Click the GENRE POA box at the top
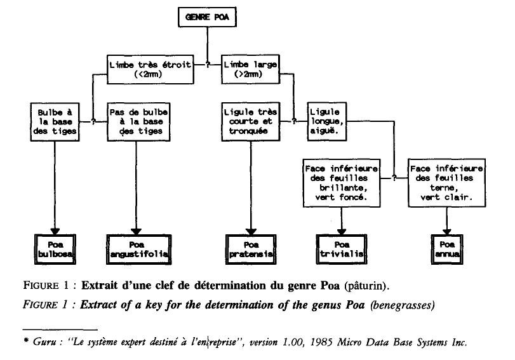[x=207, y=17]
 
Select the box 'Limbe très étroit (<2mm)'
[x=150, y=70]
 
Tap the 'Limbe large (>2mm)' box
[x=250, y=69]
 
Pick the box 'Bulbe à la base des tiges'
[x=55, y=122]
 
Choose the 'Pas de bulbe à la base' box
[x=138, y=122]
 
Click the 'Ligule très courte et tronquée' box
[x=251, y=121]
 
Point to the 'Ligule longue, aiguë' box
[x=327, y=121]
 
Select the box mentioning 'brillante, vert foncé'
[x=342, y=183]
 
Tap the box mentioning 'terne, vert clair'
[x=446, y=183]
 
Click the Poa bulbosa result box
[x=55, y=250]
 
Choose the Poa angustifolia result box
[x=139, y=250]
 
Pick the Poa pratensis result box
[x=251, y=250]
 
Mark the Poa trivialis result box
[x=342, y=250]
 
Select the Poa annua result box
[x=447, y=250]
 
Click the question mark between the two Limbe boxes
[x=208, y=65]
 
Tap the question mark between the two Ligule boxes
[x=294, y=121]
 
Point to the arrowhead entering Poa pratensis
[x=251, y=231]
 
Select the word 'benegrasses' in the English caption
[x=403, y=305]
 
